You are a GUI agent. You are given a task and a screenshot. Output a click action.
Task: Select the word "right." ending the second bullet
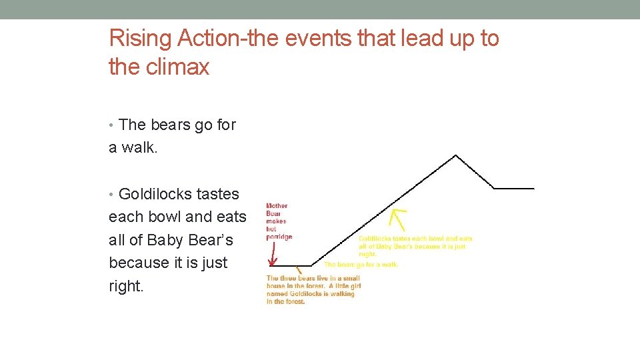pos(126,286)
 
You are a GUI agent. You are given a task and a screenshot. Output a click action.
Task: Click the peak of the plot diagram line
pos(455,156)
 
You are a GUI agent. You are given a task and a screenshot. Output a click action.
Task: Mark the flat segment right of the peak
pos(514,189)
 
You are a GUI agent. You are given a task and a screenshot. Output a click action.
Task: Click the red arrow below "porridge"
pos(273,254)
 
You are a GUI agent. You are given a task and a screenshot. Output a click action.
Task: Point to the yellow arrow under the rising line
pos(399,219)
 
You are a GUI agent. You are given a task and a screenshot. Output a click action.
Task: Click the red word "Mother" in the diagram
pos(277,206)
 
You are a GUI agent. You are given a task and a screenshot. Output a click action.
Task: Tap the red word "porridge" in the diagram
pos(279,237)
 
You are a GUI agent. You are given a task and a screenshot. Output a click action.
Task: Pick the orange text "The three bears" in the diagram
pos(291,278)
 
